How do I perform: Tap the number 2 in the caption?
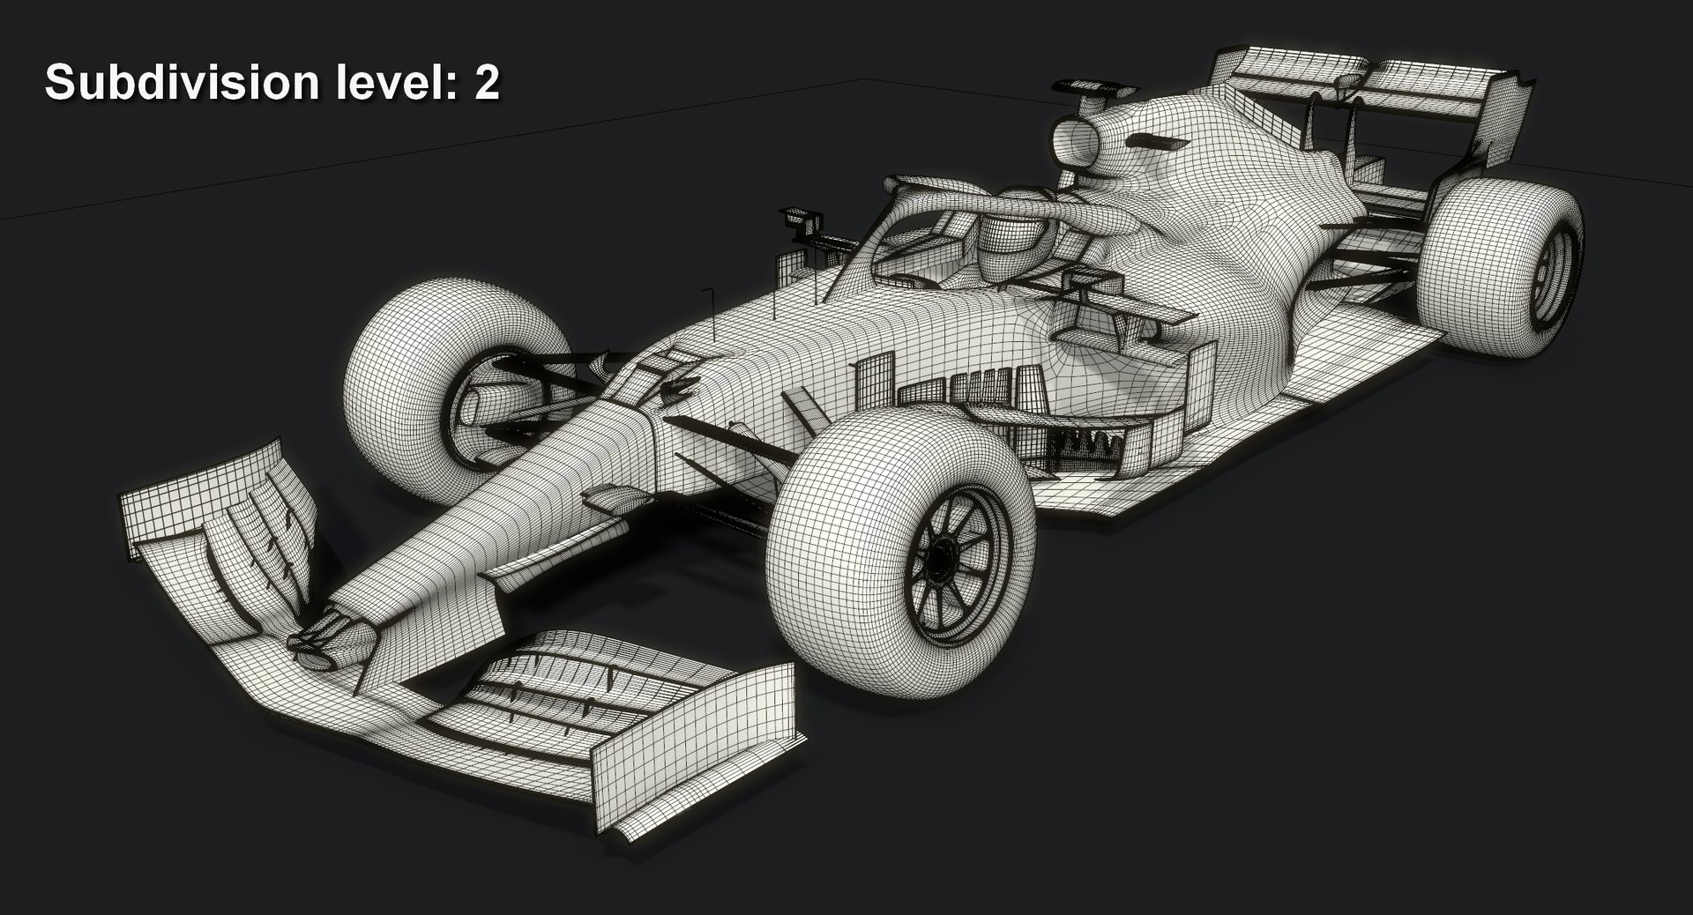click(x=487, y=83)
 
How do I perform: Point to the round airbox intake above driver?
click(x=1076, y=141)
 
